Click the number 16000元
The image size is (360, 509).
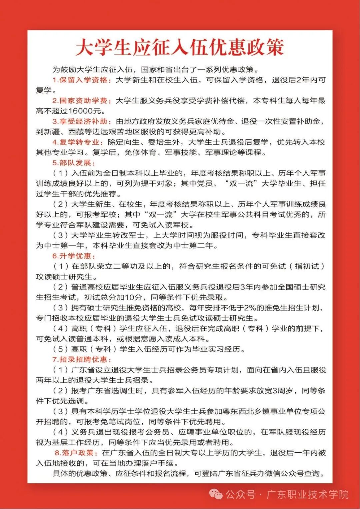point(87,111)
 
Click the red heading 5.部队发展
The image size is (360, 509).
point(73,163)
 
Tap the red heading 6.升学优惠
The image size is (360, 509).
point(73,256)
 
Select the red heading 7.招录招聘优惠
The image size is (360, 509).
point(82,359)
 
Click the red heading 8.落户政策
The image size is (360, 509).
point(76,453)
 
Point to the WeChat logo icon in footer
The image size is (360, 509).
point(215,494)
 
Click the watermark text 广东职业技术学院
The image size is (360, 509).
point(307,494)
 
